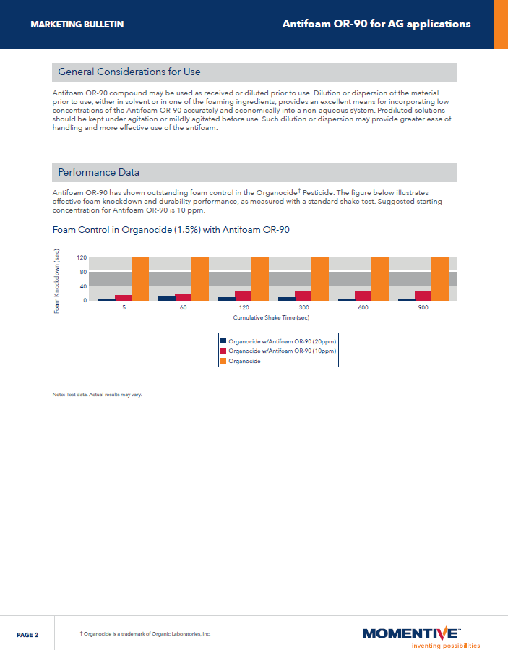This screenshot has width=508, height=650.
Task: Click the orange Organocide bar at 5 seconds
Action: (139, 278)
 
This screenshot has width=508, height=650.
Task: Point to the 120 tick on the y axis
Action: (82, 257)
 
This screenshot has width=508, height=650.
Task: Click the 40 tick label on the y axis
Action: (83, 286)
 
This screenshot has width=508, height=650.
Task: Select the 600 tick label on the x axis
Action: (363, 308)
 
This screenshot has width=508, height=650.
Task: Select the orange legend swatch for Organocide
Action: (223, 361)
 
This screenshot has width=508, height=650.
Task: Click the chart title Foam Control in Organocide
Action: (171, 230)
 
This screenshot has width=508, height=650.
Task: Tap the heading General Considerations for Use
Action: (129, 72)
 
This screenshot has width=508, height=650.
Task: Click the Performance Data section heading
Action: (99, 173)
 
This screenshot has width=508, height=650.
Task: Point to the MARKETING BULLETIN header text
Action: (77, 25)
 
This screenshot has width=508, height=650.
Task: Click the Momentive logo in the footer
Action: (410, 633)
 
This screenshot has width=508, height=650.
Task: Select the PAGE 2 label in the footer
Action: (27, 634)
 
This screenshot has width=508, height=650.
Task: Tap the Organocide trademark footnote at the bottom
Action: (145, 633)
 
